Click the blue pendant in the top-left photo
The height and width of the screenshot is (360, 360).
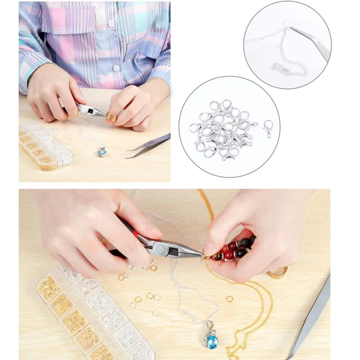[x=102, y=152]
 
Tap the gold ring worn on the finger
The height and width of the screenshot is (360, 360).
[x=111, y=117]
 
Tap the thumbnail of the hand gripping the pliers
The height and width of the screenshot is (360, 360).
[x=155, y=230]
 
